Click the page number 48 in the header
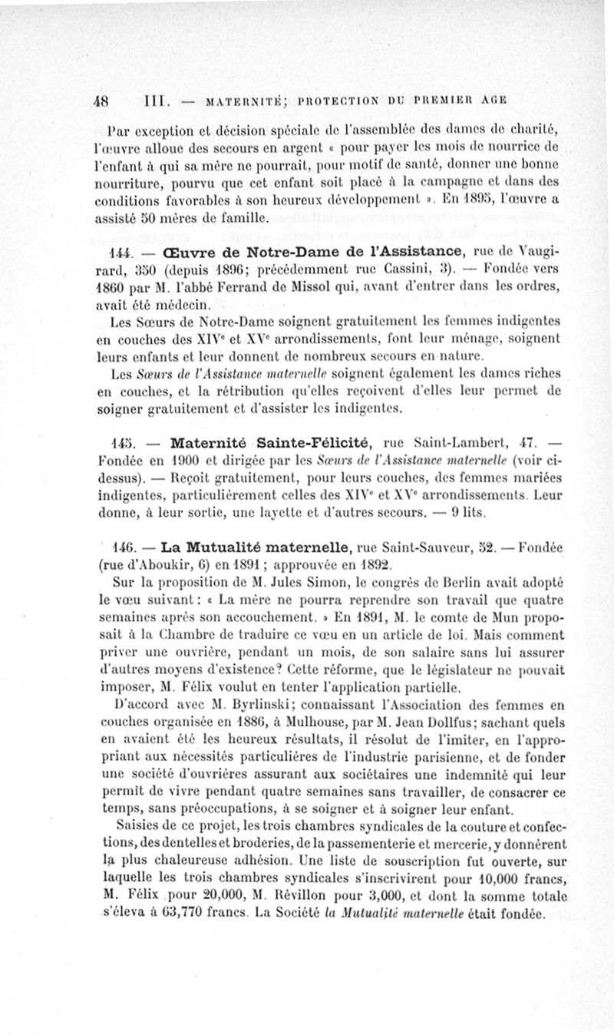tap(102, 99)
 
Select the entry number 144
tap(122, 252)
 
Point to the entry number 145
tap(122, 442)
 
